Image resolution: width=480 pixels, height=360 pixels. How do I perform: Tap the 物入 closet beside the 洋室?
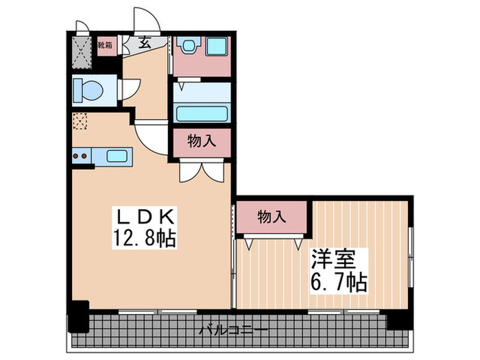(272, 217)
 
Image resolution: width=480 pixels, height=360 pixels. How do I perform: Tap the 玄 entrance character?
(145, 43)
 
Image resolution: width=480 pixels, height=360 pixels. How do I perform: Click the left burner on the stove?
(76, 156)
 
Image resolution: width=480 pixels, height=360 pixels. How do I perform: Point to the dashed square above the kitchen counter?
(80, 122)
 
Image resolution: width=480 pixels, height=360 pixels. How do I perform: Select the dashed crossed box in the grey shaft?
(82, 51)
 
